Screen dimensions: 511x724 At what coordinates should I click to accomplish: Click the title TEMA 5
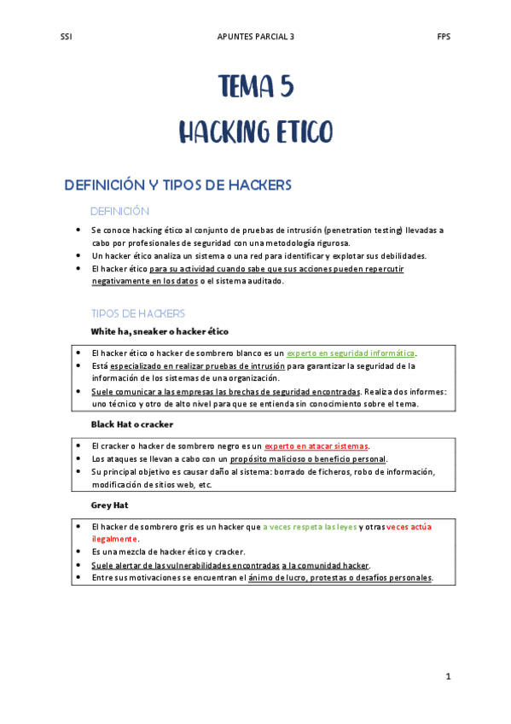[255, 87]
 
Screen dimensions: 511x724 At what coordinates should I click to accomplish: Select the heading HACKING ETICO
[255, 132]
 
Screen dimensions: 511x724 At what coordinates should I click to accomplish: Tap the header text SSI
[67, 37]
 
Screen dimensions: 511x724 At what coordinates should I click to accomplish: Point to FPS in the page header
[444, 37]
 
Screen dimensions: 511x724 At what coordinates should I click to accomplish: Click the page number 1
[447, 676]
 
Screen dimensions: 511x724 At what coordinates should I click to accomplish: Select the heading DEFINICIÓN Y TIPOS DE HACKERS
[178, 184]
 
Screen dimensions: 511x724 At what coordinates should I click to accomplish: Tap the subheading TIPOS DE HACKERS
[137, 313]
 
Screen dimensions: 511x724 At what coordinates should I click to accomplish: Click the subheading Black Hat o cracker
[132, 423]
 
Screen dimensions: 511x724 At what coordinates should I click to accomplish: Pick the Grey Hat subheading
[109, 505]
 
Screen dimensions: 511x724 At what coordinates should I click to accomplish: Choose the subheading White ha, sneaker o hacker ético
[160, 330]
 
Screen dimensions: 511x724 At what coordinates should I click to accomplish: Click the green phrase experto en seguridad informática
[351, 353]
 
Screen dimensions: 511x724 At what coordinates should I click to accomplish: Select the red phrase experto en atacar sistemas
[316, 446]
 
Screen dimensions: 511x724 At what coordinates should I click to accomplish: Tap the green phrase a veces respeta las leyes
[310, 527]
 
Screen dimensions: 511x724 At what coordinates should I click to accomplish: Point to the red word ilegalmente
[114, 539]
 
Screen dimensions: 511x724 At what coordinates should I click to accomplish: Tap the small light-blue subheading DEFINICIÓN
[119, 211]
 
